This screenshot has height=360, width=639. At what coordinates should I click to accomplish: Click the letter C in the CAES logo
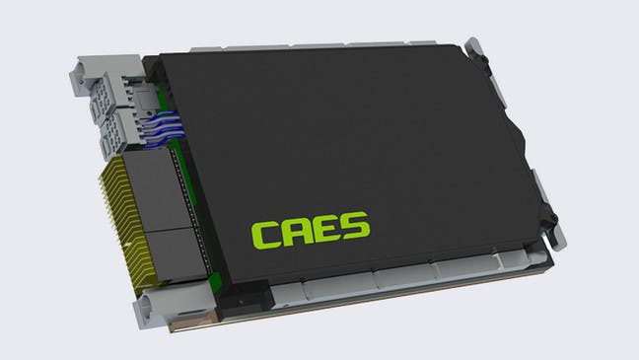tap(267, 235)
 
